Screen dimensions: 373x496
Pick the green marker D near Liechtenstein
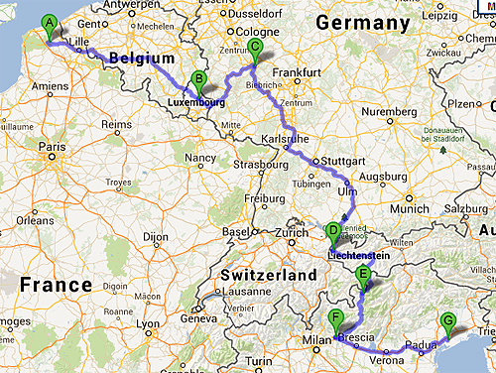[x=333, y=233]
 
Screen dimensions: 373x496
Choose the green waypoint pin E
[x=363, y=277]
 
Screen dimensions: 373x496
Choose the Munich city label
[x=410, y=209]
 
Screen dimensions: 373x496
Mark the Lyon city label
[x=149, y=323]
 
